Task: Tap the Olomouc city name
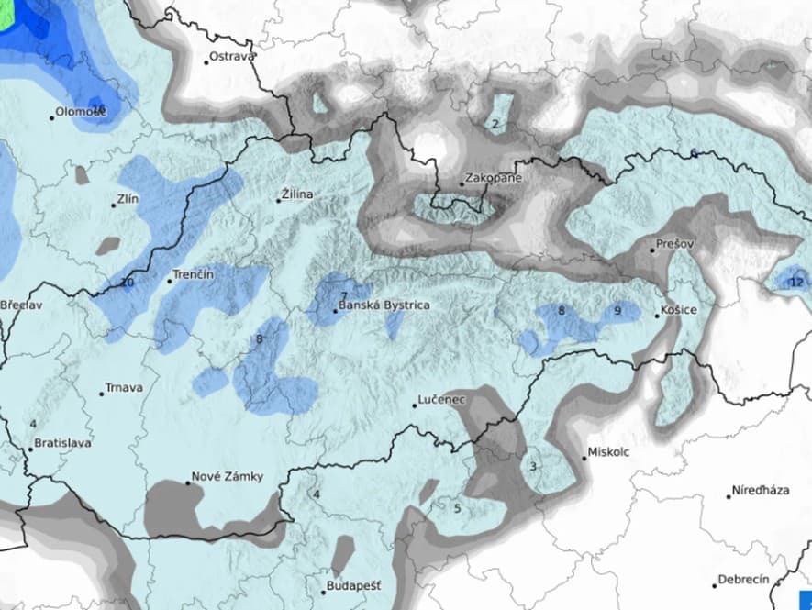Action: pyautogui.click(x=81, y=112)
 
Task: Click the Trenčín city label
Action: pyautogui.click(x=194, y=275)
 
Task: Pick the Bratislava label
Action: pyautogui.click(x=61, y=443)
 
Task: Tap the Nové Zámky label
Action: pyautogui.click(x=227, y=477)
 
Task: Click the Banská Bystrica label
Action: pyautogui.click(x=384, y=305)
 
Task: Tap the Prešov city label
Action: pyautogui.click(x=675, y=246)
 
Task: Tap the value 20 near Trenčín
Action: pyautogui.click(x=127, y=283)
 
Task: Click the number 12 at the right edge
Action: pyautogui.click(x=795, y=283)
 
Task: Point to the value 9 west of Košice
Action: pyautogui.click(x=617, y=311)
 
